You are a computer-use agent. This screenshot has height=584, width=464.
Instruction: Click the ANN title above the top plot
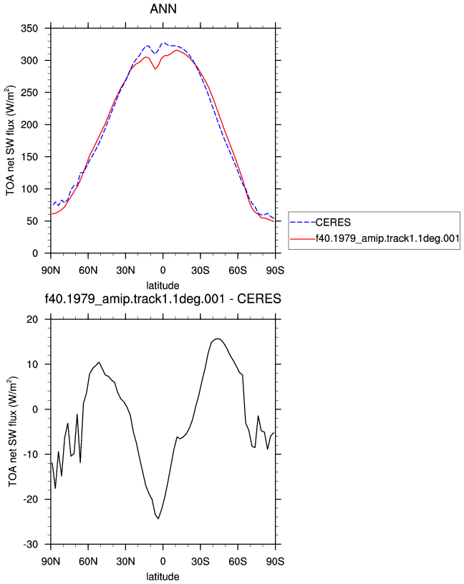coord(163,9)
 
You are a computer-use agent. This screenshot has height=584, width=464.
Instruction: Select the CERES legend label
coord(333,223)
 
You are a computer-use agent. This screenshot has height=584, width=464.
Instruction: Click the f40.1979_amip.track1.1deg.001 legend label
coord(387,238)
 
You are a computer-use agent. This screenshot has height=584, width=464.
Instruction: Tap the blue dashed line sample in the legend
coord(303,223)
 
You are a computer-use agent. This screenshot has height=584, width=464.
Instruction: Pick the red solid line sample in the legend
coord(303,239)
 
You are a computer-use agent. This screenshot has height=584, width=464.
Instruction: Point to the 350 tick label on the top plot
coord(29,29)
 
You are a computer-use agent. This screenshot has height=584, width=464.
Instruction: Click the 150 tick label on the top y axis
coord(29,157)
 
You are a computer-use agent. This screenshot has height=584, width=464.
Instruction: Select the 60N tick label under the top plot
coord(88,270)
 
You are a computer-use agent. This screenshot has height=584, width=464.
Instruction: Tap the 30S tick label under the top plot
coord(200,270)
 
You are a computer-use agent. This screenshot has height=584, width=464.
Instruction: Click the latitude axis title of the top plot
coord(163,286)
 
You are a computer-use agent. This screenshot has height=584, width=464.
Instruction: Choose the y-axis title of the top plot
coord(11,140)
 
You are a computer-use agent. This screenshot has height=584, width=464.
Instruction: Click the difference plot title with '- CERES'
coord(163,298)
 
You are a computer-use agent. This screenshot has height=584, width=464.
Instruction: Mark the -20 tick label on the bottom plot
coord(31,500)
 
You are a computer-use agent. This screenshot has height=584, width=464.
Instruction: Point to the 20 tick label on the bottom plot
coord(32,320)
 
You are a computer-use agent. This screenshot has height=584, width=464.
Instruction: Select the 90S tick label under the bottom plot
coord(275,561)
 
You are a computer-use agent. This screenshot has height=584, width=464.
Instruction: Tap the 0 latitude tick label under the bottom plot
coord(163,561)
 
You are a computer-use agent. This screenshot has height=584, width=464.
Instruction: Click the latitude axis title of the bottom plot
coord(163,577)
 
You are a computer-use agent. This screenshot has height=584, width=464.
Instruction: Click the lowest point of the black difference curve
coord(158,518)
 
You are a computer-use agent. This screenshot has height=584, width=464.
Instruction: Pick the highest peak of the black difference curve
coord(218,339)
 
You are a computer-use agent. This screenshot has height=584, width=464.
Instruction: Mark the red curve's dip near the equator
coord(155,69)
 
